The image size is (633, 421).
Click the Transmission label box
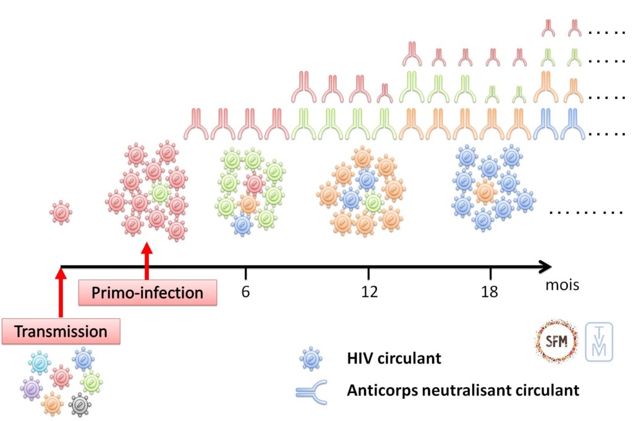pyautogui.click(x=61, y=331)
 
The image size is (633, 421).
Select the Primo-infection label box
pyautogui.click(x=148, y=292)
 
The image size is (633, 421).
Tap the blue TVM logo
pyautogui.click(x=599, y=341)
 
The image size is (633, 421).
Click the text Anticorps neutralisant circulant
pyautogui.click(x=463, y=391)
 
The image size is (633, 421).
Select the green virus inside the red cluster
pyautogui.click(x=159, y=193)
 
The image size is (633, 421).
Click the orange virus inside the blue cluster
pyautogui.click(x=485, y=191)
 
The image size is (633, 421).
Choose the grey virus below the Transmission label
pyautogui.click(x=80, y=405)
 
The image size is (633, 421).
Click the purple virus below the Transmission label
pyautogui.click(x=30, y=388)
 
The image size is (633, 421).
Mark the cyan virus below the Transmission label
pyautogui.click(x=40, y=362)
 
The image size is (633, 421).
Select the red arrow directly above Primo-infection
pyautogui.click(x=147, y=263)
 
